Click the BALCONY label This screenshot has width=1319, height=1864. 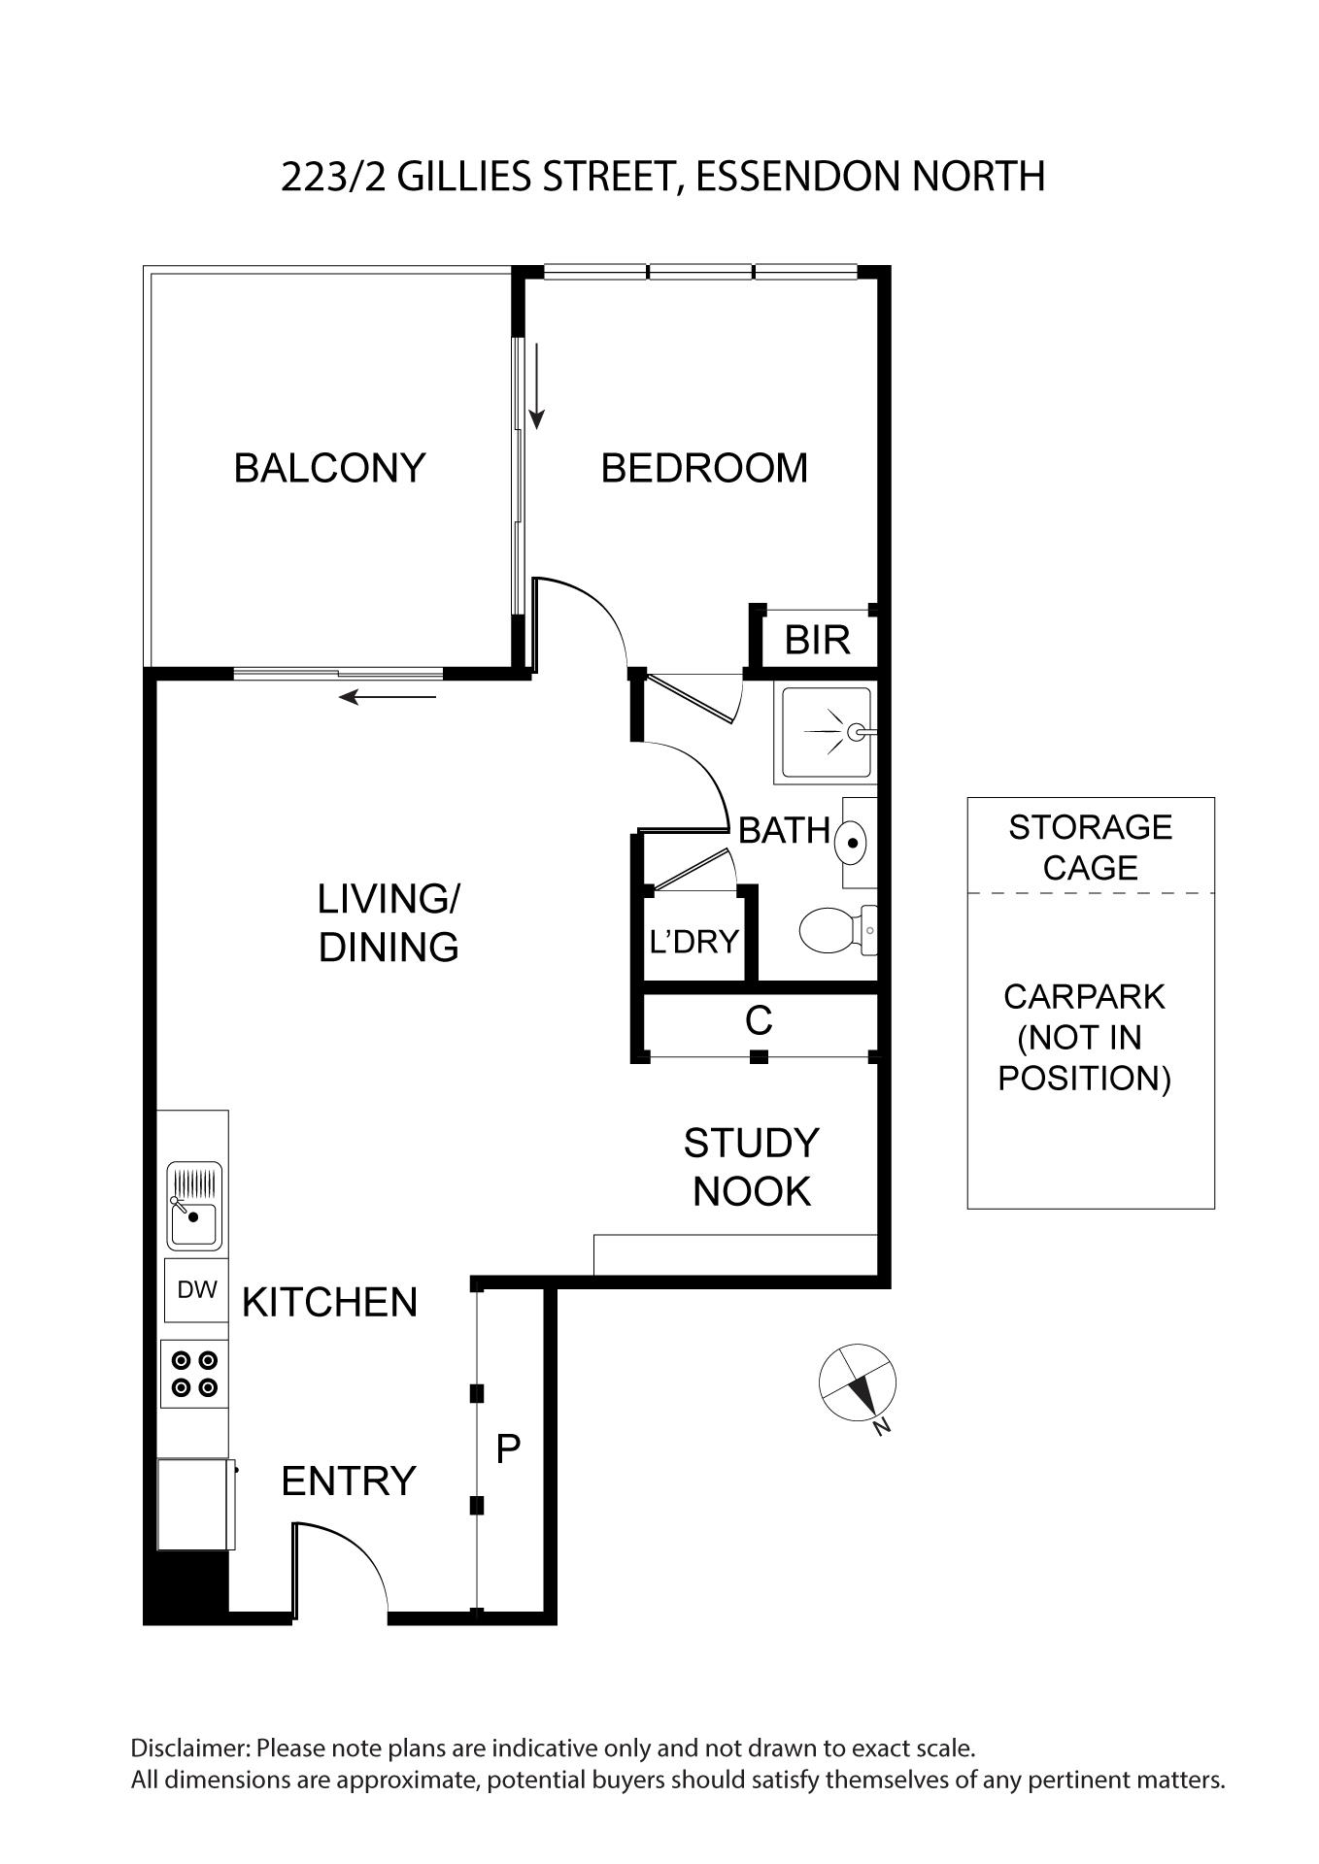tap(329, 468)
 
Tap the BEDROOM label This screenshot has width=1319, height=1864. tap(704, 468)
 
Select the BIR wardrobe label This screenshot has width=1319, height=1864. tap(817, 640)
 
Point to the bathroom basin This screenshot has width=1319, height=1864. tap(852, 842)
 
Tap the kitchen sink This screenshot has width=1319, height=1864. tap(194, 1206)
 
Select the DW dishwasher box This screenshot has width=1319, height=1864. tap(196, 1289)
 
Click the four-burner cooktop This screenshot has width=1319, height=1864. tap(194, 1374)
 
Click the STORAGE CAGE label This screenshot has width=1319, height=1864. tap(1090, 847)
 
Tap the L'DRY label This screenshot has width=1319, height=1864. tap(693, 941)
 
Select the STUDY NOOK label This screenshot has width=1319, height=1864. tap(752, 1167)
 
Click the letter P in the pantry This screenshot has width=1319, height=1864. tap(508, 1448)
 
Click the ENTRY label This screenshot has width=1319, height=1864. tap(349, 1481)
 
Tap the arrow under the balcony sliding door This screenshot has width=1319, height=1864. tap(388, 696)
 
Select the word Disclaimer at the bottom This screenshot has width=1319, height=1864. tap(190, 1748)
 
